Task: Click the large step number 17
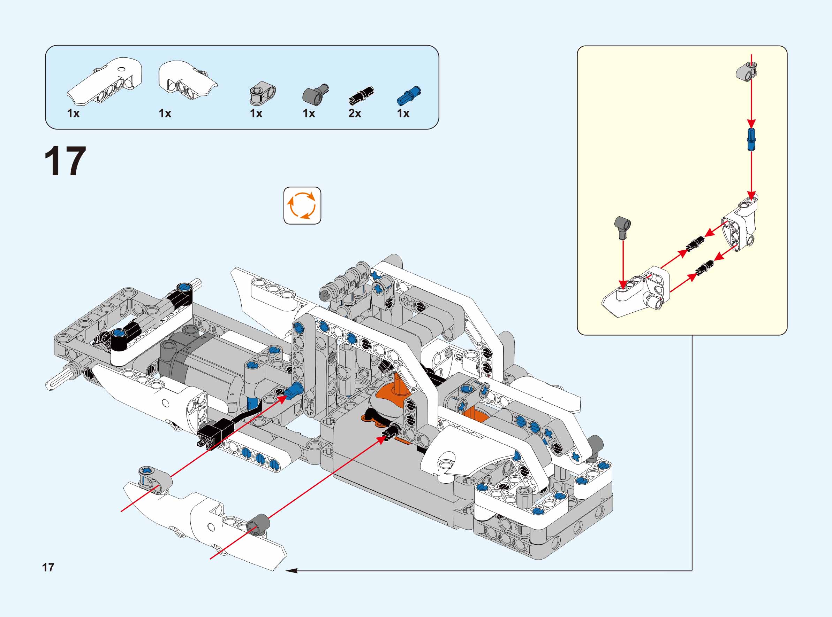click(x=65, y=161)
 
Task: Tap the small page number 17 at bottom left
click(x=48, y=567)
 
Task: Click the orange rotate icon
click(x=302, y=205)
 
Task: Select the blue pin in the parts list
click(x=408, y=95)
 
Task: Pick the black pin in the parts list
click(x=361, y=96)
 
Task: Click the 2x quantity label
click(x=355, y=113)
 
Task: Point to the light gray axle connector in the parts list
click(x=262, y=94)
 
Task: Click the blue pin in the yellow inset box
click(x=751, y=139)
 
